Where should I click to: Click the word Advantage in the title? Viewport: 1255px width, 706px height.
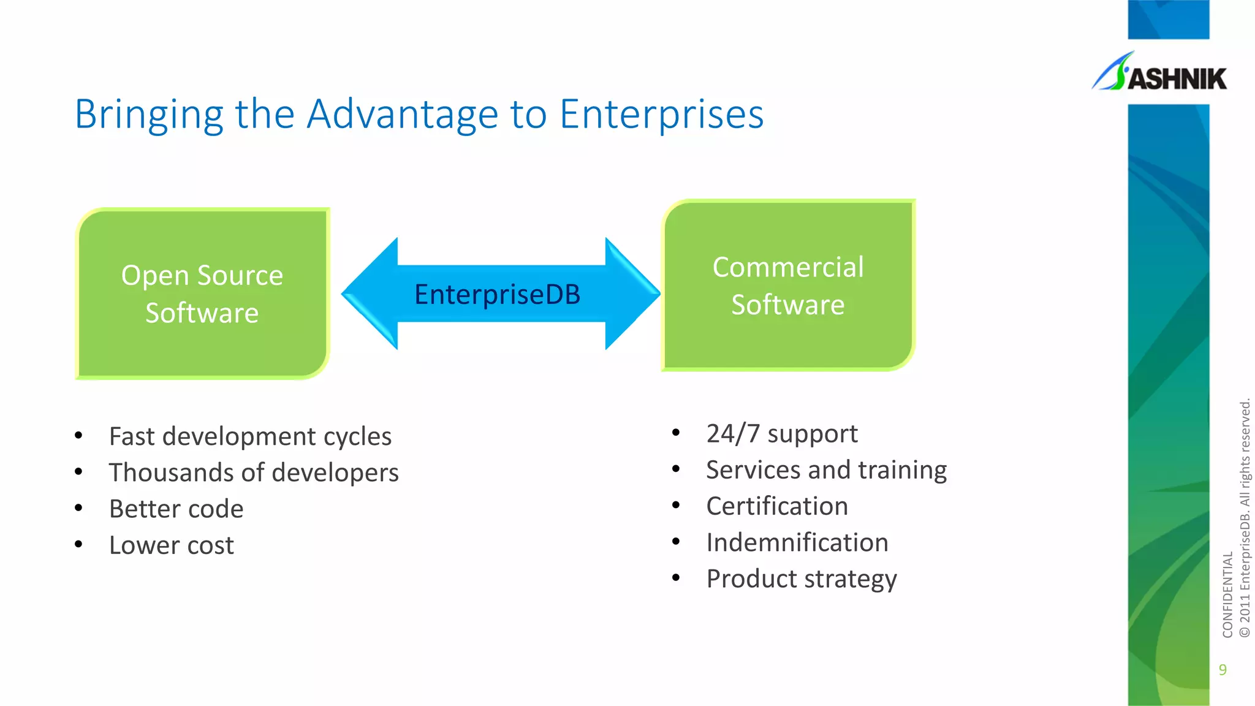click(403, 115)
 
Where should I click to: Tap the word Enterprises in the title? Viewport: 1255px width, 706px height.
click(661, 115)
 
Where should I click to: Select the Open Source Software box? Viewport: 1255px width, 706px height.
click(202, 294)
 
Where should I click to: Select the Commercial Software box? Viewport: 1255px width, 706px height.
click(788, 286)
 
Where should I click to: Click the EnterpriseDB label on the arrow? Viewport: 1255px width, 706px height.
click(497, 294)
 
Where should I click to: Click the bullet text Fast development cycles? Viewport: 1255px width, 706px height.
click(250, 436)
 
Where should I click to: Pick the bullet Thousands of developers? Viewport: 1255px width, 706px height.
click(254, 473)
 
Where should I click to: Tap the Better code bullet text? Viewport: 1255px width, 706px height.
click(176, 509)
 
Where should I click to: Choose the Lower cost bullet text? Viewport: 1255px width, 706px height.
click(171, 545)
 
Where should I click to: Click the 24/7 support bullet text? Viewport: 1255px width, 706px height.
click(781, 433)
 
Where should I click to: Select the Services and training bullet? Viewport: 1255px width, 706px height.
click(826, 469)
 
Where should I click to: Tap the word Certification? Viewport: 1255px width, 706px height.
click(776, 506)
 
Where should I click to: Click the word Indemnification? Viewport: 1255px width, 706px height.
click(797, 542)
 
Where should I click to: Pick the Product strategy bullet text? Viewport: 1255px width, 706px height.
click(801, 579)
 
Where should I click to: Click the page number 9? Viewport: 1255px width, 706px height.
click(1223, 670)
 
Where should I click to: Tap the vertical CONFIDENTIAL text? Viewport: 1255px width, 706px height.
click(1227, 594)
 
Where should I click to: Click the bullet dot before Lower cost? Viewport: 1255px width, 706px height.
click(78, 544)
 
